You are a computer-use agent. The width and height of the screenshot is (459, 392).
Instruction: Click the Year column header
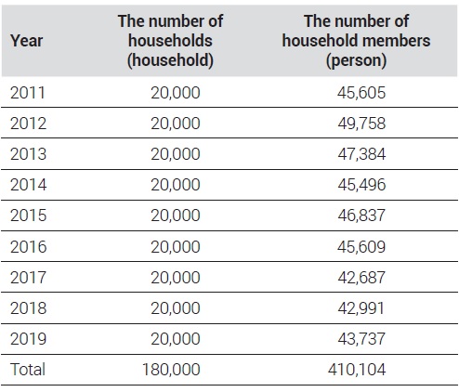pyautogui.click(x=26, y=41)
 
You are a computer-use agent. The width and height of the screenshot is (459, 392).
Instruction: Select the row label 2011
pyautogui.click(x=28, y=93)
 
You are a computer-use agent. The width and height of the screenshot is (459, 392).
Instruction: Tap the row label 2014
pyautogui.click(x=28, y=185)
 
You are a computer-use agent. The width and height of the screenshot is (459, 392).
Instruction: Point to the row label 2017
pyautogui.click(x=28, y=277)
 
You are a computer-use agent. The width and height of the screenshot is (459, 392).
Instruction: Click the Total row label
pyautogui.click(x=28, y=369)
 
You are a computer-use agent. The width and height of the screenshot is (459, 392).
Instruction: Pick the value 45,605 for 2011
pyautogui.click(x=361, y=93)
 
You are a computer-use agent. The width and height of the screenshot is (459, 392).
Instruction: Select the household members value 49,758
pyautogui.click(x=361, y=124)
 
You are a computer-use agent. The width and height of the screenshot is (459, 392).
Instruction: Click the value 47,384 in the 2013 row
pyautogui.click(x=361, y=154)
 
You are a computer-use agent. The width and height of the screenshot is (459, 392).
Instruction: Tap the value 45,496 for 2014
pyautogui.click(x=361, y=185)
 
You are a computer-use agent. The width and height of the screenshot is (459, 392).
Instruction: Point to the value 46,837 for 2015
pyautogui.click(x=361, y=216)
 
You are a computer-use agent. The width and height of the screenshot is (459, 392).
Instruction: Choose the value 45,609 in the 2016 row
pyautogui.click(x=361, y=247)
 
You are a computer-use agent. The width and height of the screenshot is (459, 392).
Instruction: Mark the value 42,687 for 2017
pyautogui.click(x=361, y=277)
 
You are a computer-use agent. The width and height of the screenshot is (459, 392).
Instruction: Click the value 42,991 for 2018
pyautogui.click(x=361, y=308)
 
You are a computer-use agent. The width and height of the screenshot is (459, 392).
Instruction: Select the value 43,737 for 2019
pyautogui.click(x=361, y=338)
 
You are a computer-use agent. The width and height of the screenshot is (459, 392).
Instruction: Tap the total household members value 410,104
pyautogui.click(x=357, y=369)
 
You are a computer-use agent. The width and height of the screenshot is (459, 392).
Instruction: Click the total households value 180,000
pyautogui.click(x=171, y=369)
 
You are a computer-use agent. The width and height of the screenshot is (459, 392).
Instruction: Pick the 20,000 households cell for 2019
pyautogui.click(x=176, y=338)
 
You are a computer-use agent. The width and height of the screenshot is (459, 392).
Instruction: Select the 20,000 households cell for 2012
pyautogui.click(x=176, y=124)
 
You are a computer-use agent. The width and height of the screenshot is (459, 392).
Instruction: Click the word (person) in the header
pyautogui.click(x=356, y=60)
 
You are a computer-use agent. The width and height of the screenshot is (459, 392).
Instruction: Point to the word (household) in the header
pyautogui.click(x=170, y=60)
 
